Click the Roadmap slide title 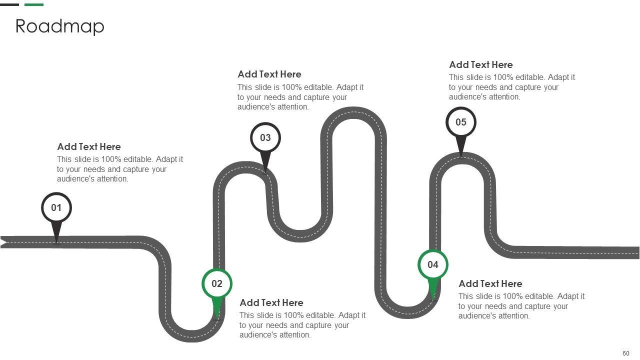(x=60, y=26)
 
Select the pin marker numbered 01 (x=56, y=208)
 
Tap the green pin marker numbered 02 (x=217, y=284)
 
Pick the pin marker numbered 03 (x=265, y=138)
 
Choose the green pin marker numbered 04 (x=433, y=265)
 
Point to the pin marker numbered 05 (x=461, y=122)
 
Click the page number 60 (x=626, y=353)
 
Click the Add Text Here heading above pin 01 (x=89, y=146)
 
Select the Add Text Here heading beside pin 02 (x=271, y=302)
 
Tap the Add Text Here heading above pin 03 (x=269, y=74)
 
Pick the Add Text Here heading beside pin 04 (x=490, y=283)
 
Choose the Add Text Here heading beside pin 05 (x=481, y=64)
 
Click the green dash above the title (x=34, y=4)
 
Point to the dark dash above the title (x=9, y=4)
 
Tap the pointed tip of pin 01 (x=56, y=242)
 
